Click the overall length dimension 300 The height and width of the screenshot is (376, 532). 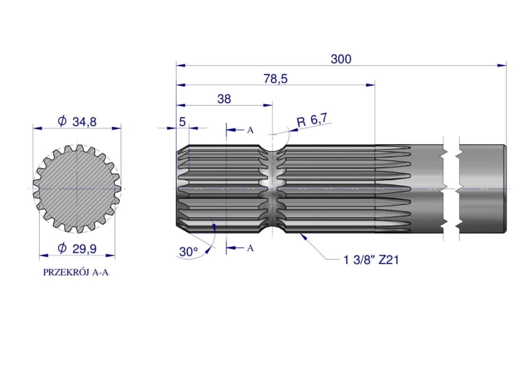(x=341, y=59)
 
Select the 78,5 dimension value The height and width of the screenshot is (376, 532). (x=275, y=79)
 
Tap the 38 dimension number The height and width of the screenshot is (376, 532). (x=224, y=99)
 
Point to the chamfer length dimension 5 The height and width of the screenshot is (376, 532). (x=182, y=121)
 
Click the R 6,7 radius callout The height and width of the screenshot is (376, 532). (x=312, y=120)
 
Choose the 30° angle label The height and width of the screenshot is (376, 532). (x=188, y=252)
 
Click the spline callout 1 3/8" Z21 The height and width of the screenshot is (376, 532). (x=371, y=260)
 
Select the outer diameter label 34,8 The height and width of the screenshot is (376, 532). (x=77, y=121)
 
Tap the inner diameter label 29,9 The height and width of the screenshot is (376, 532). (x=77, y=248)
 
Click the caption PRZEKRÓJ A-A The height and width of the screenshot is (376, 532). (x=76, y=272)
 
